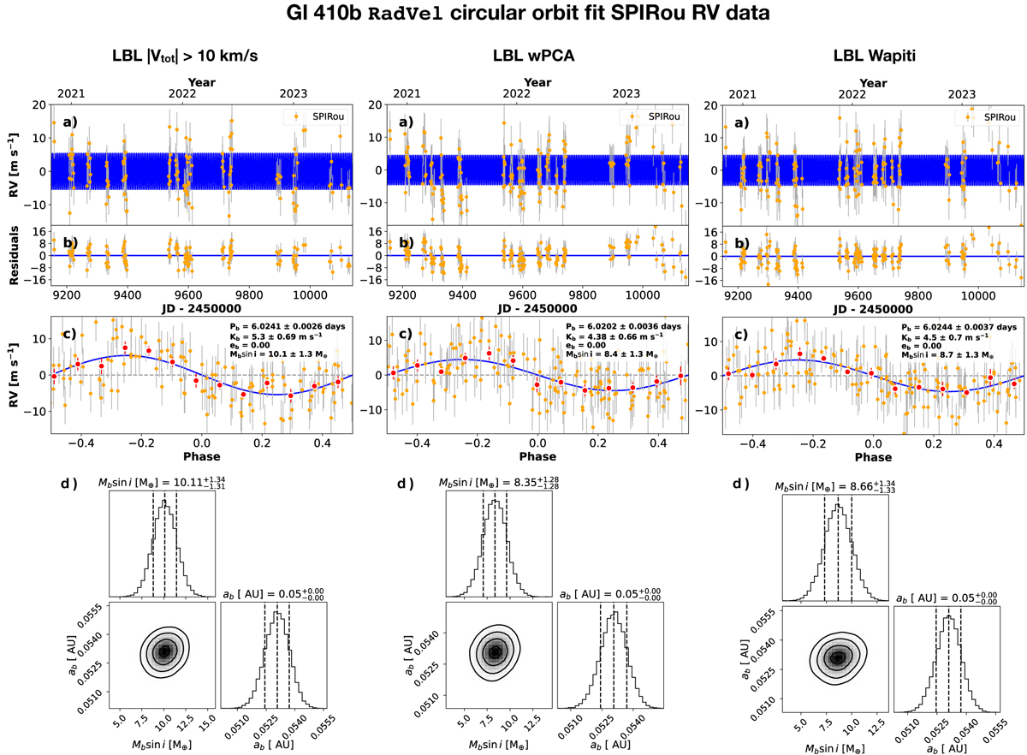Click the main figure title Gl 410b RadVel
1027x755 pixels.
pos(513,15)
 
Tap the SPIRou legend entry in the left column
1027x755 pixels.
pos(326,116)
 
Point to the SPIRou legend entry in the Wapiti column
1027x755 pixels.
pos(998,116)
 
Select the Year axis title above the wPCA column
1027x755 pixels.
pos(537,82)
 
